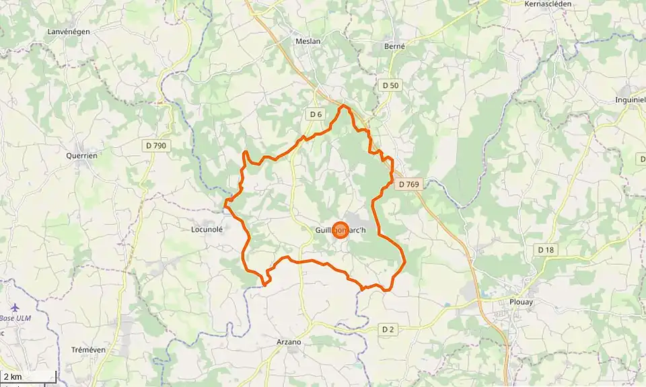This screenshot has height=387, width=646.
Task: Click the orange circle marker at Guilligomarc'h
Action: [340, 230]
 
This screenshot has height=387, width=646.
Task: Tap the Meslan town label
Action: [308, 41]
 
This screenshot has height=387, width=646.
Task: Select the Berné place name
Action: [394, 46]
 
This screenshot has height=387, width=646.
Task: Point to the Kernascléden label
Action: [551, 3]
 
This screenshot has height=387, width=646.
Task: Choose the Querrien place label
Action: [81, 155]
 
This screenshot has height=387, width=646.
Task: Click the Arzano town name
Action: [289, 342]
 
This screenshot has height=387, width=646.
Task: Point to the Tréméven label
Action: [88, 350]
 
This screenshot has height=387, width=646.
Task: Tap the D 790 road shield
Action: [155, 145]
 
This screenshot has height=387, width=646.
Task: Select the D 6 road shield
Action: [316, 114]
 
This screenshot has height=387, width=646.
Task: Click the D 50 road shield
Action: [390, 85]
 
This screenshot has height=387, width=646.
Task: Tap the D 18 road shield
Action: [546, 249]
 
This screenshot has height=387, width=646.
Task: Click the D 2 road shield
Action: [388, 329]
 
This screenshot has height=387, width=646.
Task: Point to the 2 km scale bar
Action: [28, 378]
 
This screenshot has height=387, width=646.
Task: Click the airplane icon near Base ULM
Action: [15, 308]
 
